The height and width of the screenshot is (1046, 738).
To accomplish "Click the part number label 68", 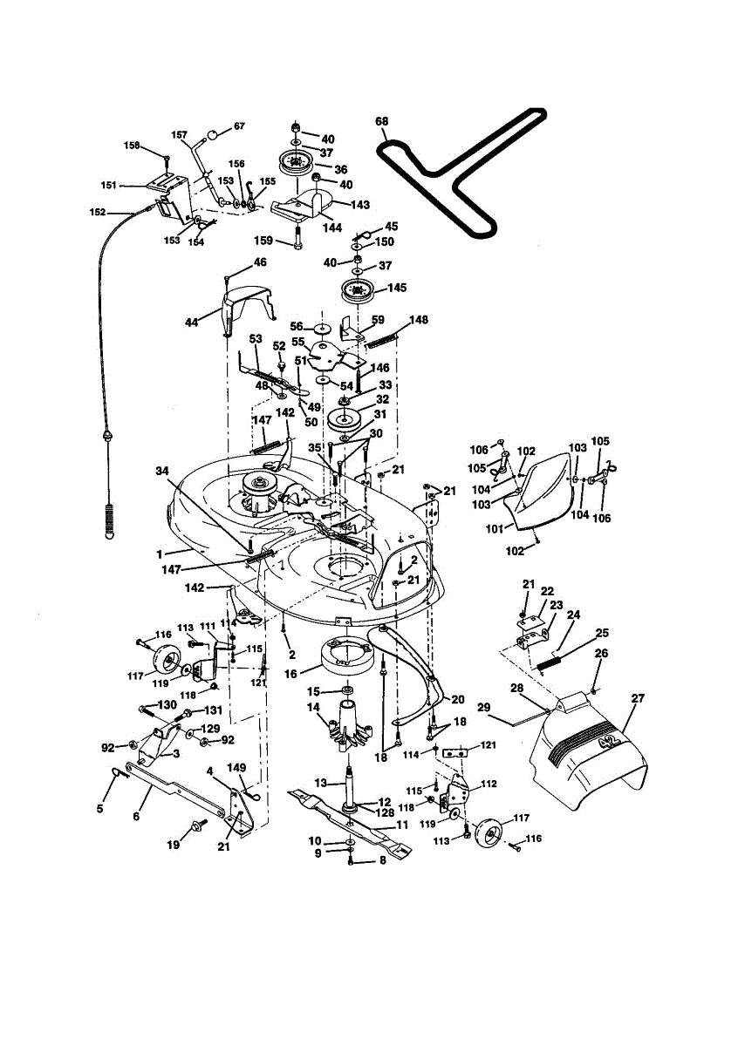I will pyautogui.click(x=382, y=122).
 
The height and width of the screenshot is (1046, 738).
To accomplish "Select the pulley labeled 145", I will pyautogui.click(x=358, y=290).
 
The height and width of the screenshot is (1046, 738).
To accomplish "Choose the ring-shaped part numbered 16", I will pyautogui.click(x=347, y=655).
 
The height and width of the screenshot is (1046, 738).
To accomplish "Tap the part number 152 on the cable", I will pyautogui.click(x=98, y=212).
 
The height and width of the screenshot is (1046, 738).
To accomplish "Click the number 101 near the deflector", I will pyautogui.click(x=495, y=528).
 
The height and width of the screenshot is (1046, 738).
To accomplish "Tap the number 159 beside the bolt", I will pyautogui.click(x=263, y=240).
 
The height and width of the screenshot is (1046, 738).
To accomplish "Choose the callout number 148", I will pyautogui.click(x=420, y=320).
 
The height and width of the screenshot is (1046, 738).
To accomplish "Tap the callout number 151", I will pyautogui.click(x=109, y=185).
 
